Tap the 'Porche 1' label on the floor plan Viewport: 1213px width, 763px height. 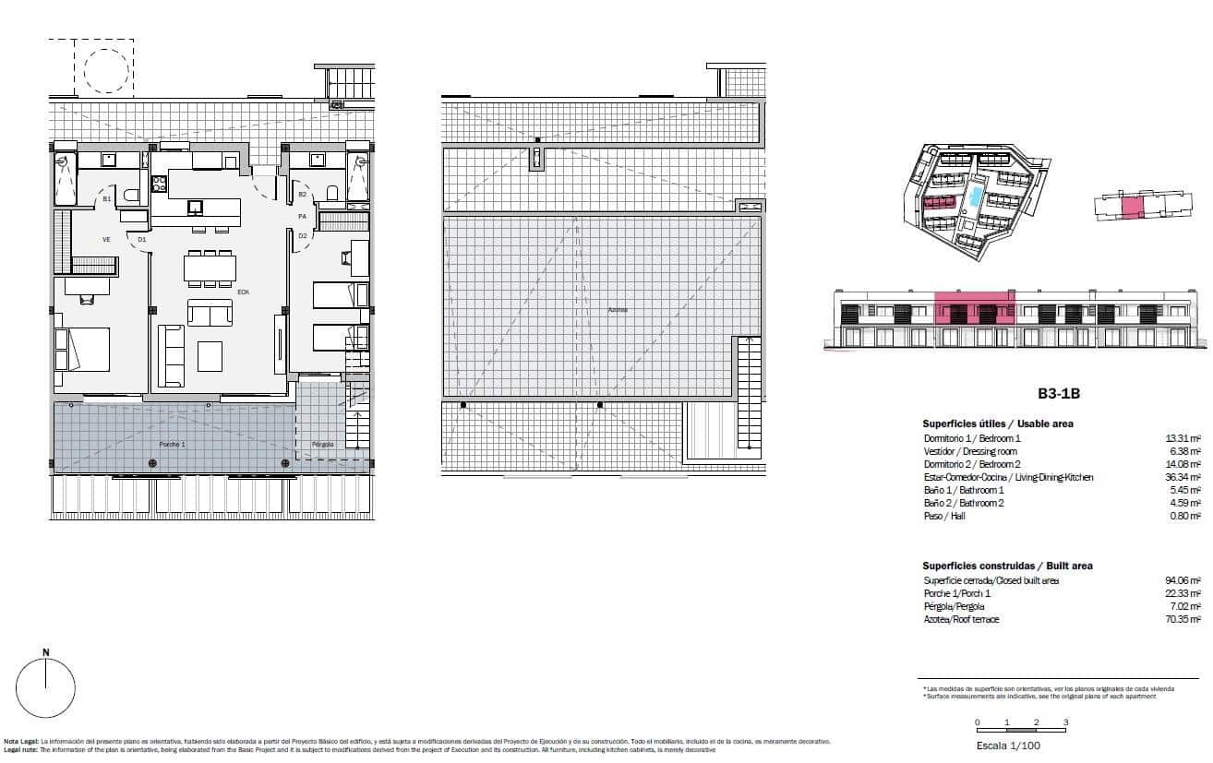click(172, 444)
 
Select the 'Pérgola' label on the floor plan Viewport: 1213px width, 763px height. click(322, 444)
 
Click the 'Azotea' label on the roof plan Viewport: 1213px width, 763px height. click(618, 310)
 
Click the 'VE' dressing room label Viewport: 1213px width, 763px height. click(106, 239)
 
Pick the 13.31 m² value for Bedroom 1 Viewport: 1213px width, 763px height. click(1183, 438)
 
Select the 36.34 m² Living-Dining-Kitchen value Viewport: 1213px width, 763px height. click(1183, 477)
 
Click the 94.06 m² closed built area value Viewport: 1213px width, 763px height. click(1183, 580)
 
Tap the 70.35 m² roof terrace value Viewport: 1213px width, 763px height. click(1183, 619)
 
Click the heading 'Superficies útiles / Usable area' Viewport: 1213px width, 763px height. click(998, 423)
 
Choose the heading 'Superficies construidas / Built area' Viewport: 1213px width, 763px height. click(1007, 566)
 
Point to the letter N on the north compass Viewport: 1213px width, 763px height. click(46, 652)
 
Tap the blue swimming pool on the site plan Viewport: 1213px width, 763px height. click(976, 197)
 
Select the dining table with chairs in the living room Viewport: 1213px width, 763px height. click(210, 268)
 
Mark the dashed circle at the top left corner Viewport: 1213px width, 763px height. click(106, 69)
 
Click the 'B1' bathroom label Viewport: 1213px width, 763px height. click(107, 198)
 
